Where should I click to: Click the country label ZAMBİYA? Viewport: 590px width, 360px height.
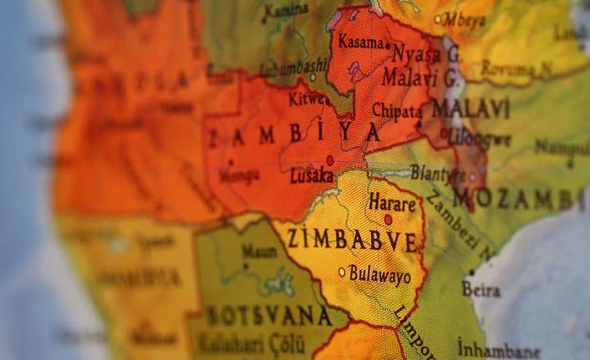(x=292, y=134)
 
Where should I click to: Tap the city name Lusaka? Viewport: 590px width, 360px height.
(x=311, y=176)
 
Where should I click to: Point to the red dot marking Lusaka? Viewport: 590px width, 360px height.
(x=330, y=160)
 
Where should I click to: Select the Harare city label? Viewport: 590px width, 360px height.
(x=391, y=203)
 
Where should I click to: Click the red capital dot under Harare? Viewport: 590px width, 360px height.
(x=388, y=220)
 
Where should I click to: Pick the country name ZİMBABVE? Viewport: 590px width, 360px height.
(x=351, y=241)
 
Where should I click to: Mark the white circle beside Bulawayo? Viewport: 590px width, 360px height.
(x=342, y=271)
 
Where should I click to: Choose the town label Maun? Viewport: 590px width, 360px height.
(x=259, y=251)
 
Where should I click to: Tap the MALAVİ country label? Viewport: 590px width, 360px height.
(x=470, y=108)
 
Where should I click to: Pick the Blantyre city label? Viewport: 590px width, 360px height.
(x=437, y=173)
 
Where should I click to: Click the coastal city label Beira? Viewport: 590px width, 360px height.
(x=481, y=290)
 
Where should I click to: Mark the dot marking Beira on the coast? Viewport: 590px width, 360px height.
(x=471, y=272)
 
